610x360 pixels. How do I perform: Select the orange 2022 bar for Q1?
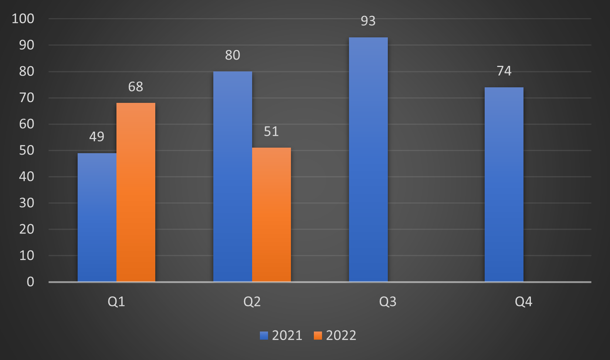click(x=136, y=192)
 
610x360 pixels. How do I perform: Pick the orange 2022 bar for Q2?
click(x=271, y=215)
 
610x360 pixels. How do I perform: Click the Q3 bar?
click(x=368, y=159)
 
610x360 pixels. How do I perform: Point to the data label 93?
click(x=368, y=21)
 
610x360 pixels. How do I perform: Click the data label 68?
click(x=136, y=87)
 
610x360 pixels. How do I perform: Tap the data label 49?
click(x=97, y=137)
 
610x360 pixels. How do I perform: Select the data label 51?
click(x=271, y=131)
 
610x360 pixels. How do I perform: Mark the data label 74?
click(x=504, y=71)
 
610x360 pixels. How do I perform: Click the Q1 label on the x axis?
click(x=116, y=302)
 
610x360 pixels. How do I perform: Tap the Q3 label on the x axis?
click(x=388, y=302)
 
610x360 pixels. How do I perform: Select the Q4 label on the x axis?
click(x=523, y=302)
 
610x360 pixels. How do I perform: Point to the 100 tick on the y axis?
click(x=23, y=18)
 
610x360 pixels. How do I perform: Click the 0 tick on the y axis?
click(x=30, y=282)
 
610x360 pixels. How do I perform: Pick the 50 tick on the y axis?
click(x=27, y=150)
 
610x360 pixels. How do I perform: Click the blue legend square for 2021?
click(x=264, y=336)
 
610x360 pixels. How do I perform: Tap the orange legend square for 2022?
click(x=318, y=336)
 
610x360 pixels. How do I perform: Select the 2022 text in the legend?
click(x=341, y=336)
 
